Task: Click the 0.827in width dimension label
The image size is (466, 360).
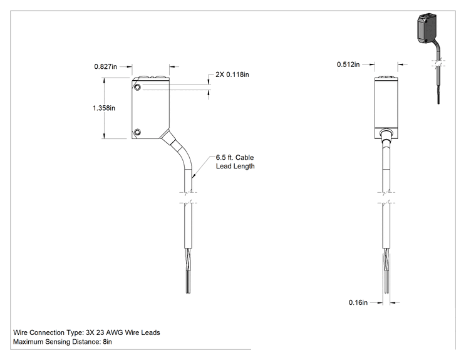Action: tap(105, 66)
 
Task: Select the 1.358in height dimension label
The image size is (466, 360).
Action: tap(104, 108)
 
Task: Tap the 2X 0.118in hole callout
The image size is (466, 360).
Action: tap(232, 75)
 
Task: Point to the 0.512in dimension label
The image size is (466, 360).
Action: tap(348, 64)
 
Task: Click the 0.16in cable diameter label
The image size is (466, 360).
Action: tap(358, 302)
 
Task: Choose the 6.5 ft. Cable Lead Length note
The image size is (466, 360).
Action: tap(235, 162)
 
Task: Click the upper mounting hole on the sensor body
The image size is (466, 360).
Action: tap(137, 87)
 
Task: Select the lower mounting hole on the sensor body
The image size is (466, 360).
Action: tap(137, 132)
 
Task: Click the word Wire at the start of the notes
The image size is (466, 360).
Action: tap(20, 332)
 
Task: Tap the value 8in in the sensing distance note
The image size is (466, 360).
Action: tap(107, 342)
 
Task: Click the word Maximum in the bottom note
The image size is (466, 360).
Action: tap(28, 342)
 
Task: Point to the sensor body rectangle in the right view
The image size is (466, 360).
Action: tap(386, 108)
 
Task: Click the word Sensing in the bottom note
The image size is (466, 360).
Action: tap(58, 342)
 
